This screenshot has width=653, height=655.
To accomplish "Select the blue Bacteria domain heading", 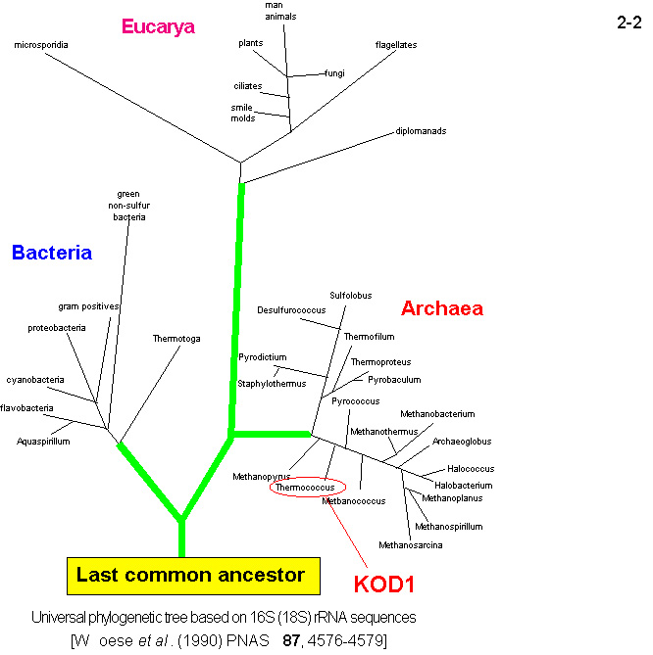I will point(52,253).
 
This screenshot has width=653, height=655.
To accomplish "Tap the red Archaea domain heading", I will point(441,309).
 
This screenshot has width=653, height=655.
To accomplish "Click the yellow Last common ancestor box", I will point(190,575).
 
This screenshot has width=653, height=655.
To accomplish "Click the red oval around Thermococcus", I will point(305,487).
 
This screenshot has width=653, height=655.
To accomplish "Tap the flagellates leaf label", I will point(396,45).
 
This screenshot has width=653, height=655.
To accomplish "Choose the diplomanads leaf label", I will point(423,130).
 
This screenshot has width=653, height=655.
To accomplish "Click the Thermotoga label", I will point(176,339).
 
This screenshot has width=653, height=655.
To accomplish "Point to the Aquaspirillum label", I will point(43,442).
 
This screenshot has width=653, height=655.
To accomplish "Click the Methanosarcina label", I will point(410,544).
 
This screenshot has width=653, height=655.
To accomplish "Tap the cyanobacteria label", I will point(35,379).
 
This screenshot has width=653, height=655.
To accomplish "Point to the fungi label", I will point(334,72).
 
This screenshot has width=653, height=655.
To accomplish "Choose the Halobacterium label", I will point(463,485).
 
